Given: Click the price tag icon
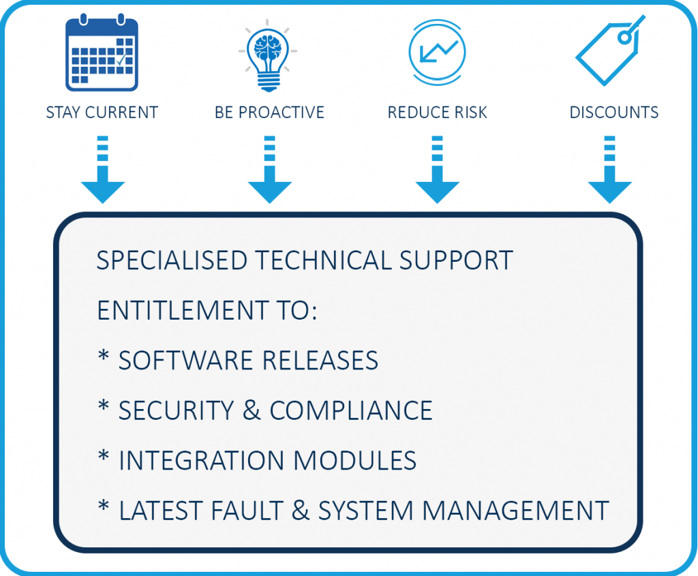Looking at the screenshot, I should [x=609, y=52].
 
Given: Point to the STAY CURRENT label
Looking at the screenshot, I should [x=102, y=112].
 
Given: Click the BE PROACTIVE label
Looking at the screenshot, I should [x=269, y=112].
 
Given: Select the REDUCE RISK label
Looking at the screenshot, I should [x=437, y=112].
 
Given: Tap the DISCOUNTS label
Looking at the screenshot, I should [x=614, y=112].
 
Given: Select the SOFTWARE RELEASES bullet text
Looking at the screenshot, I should [x=248, y=360].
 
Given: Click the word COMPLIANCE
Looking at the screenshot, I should [x=351, y=410].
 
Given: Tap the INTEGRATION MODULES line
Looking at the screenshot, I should [x=267, y=461].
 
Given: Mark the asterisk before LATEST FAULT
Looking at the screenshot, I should [x=104, y=508].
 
